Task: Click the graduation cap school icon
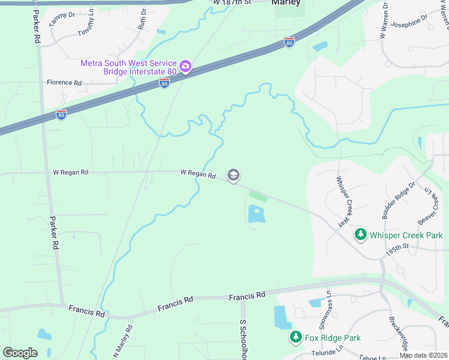pos(234,175)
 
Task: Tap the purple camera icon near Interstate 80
pos(185,66)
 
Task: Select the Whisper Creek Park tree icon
pos(361,235)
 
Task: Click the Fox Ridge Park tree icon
pos(295,338)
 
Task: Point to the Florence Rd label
pos(64,83)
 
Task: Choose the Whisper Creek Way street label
pos(343,201)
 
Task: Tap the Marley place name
pos(286,2)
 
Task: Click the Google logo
pos(20,353)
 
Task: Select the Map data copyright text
pos(423,355)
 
